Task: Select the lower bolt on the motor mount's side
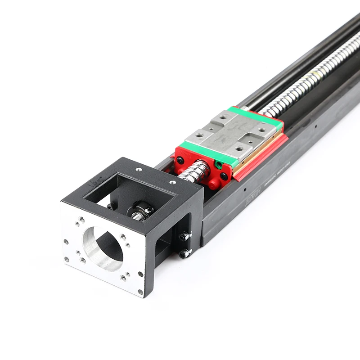pyautogui.click(x=183, y=254)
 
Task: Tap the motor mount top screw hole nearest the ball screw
pyautogui.click(x=172, y=183)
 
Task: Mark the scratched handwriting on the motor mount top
pyautogui.click(x=94, y=183)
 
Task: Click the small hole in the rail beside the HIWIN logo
pyautogui.click(x=245, y=190)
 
